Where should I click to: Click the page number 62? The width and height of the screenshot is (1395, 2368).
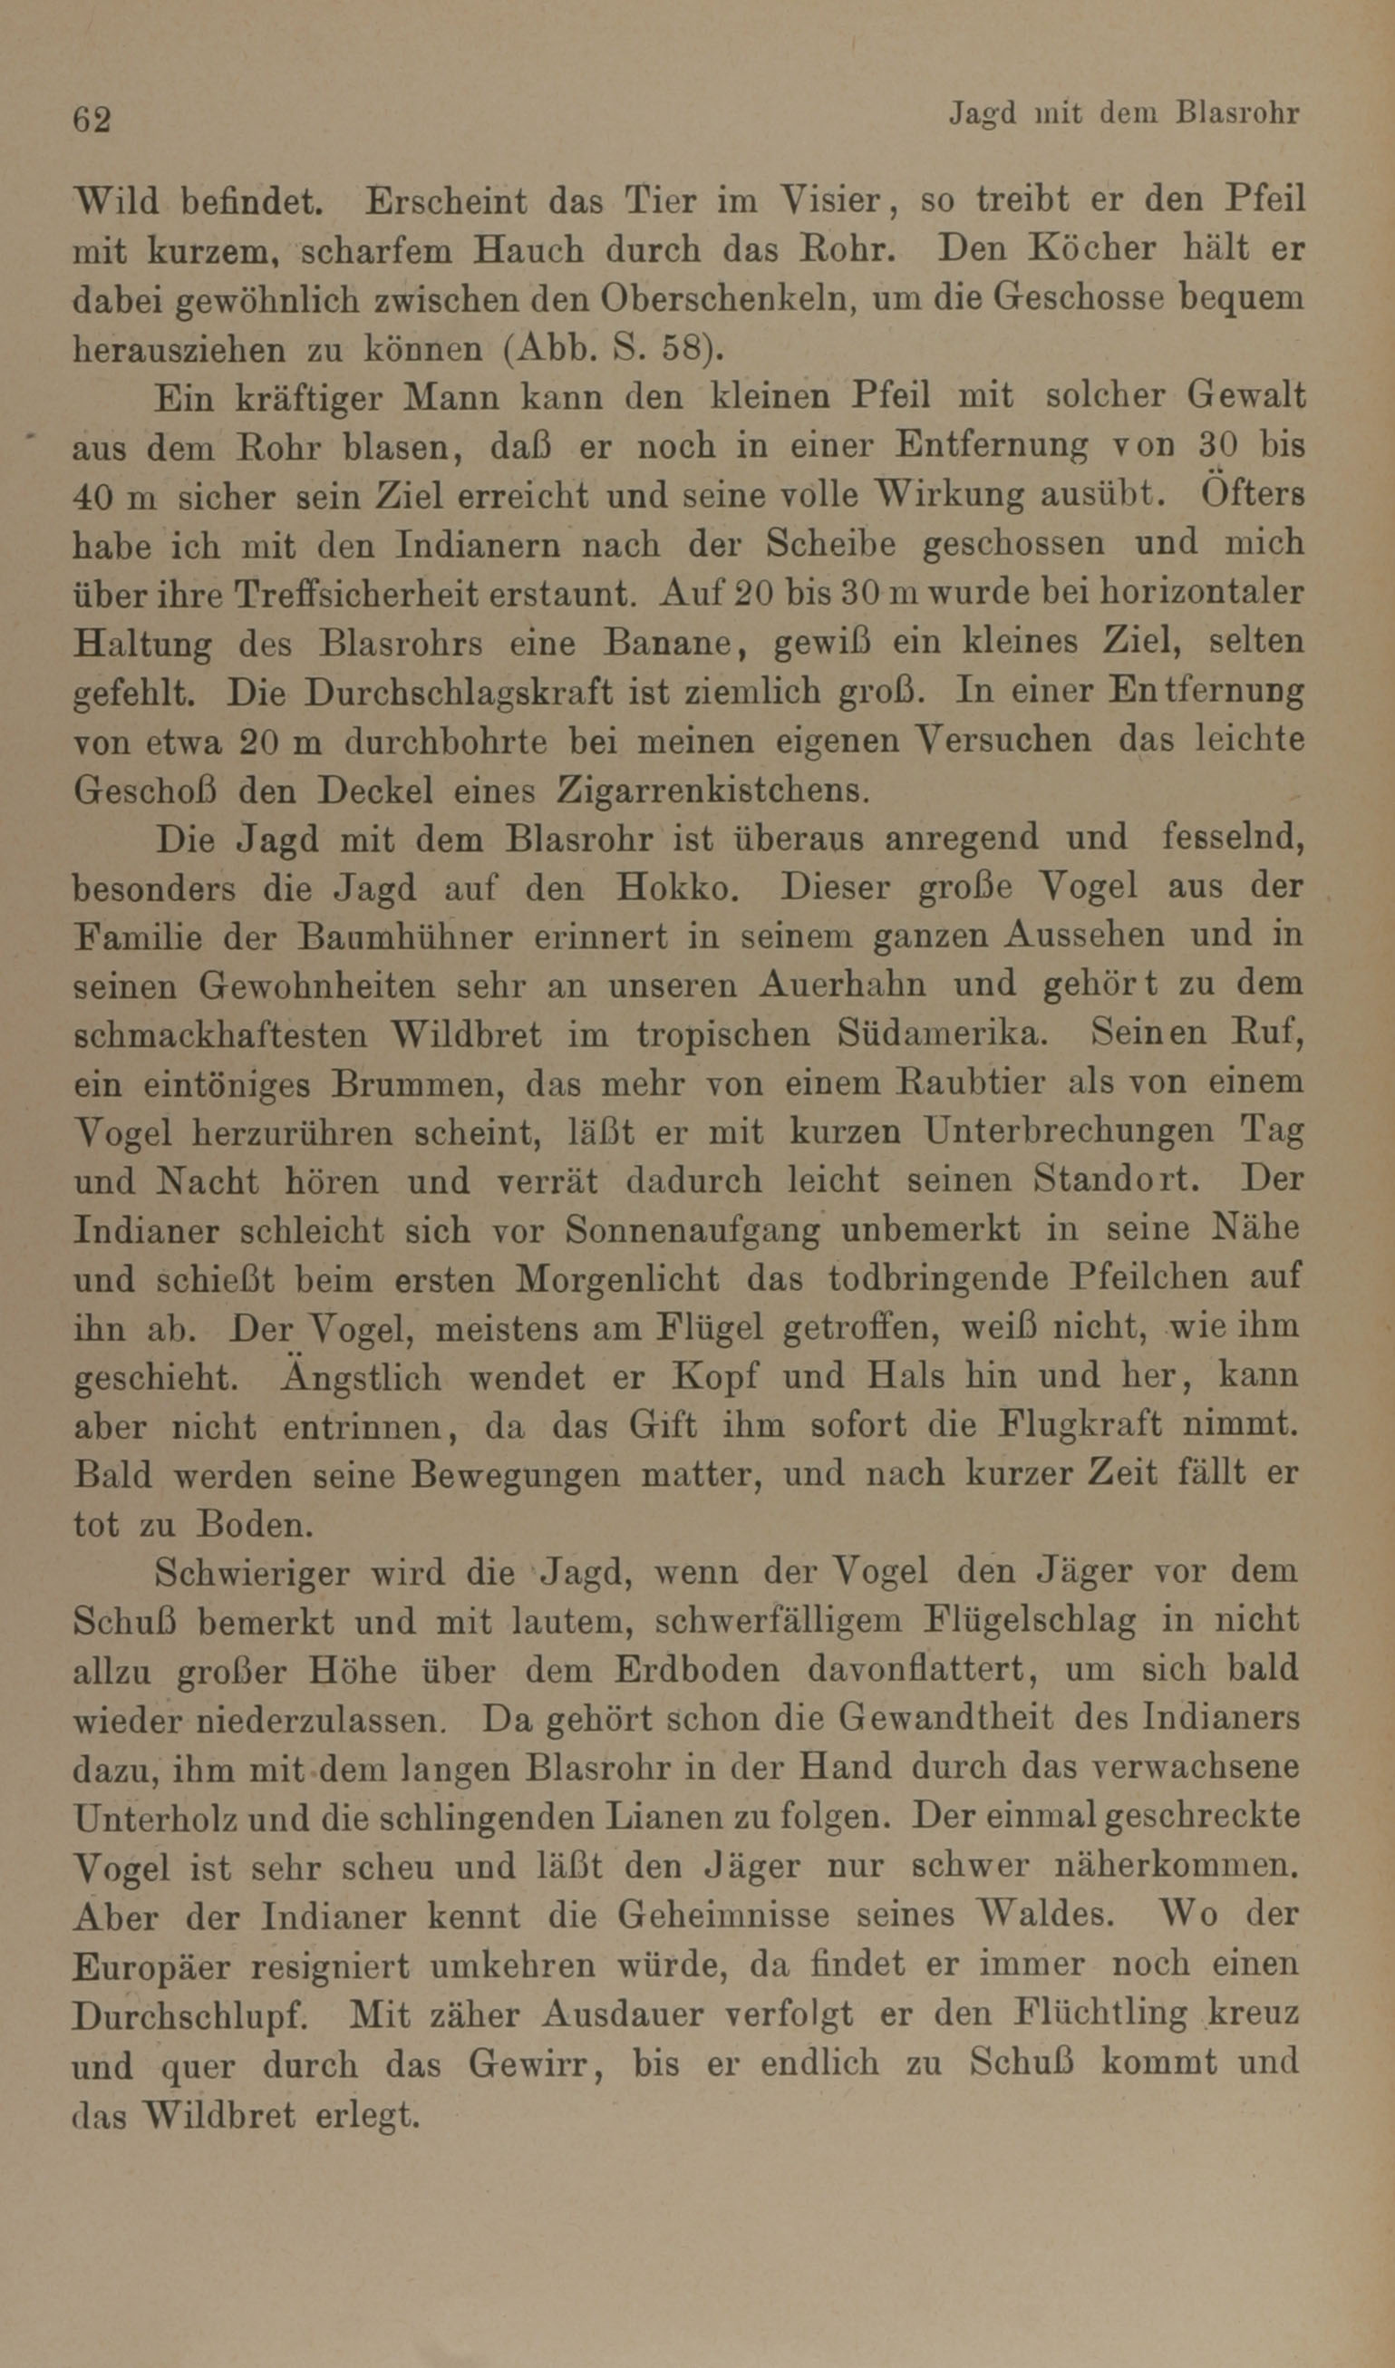pyautogui.click(x=92, y=121)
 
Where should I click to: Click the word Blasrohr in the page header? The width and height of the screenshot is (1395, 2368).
pyautogui.click(x=1238, y=115)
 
